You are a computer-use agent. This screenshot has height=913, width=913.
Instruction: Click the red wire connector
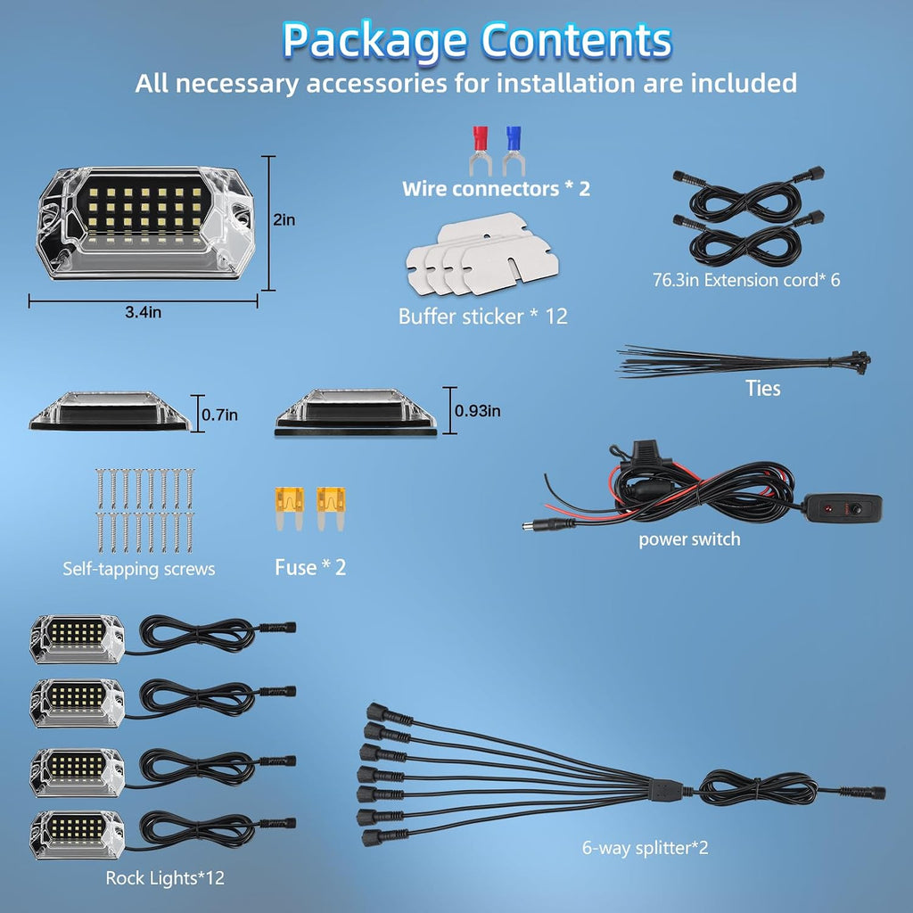(481, 151)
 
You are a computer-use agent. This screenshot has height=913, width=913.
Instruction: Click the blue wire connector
(513, 151)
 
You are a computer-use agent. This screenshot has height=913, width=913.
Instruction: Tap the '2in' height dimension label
(284, 219)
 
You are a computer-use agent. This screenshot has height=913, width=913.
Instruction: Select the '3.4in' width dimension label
(144, 312)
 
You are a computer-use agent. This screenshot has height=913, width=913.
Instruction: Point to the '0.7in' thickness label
(219, 415)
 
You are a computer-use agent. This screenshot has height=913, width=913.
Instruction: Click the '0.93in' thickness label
(478, 411)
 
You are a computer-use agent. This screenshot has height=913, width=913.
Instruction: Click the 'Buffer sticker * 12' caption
(482, 317)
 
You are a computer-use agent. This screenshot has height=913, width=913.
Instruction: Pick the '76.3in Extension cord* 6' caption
(746, 280)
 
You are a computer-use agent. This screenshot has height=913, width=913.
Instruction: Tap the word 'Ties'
(763, 389)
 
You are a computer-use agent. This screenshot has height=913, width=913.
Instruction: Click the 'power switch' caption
(689, 539)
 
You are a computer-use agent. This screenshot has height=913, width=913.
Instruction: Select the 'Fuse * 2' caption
(310, 567)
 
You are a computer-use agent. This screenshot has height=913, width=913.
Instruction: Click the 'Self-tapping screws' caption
(138, 569)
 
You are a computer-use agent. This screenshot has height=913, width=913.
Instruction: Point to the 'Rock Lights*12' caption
(165, 878)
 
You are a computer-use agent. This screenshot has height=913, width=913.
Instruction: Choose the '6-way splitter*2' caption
(646, 848)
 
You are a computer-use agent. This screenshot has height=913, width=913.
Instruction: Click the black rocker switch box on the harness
(842, 508)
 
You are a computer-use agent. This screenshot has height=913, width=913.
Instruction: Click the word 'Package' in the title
(374, 41)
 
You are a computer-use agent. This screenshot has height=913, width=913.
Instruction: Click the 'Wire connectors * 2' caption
(496, 189)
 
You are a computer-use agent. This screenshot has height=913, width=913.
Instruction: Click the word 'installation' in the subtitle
(566, 83)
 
